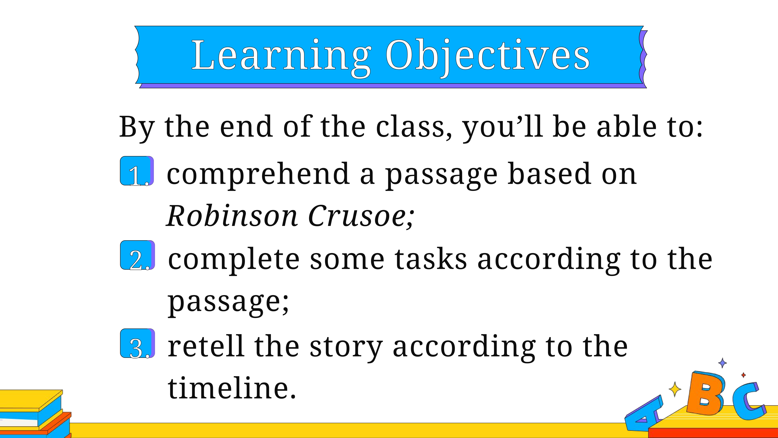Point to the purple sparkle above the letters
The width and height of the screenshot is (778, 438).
(722, 363)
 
